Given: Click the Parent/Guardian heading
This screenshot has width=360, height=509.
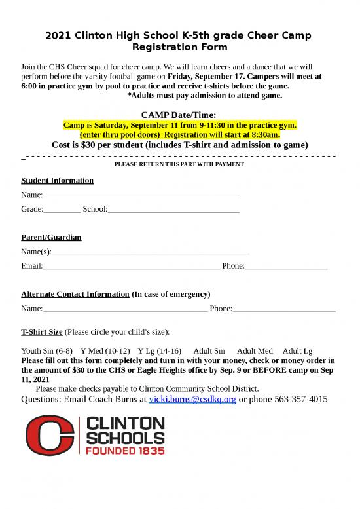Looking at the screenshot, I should click(x=51, y=236).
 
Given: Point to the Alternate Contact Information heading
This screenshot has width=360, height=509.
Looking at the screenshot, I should click(x=75, y=294).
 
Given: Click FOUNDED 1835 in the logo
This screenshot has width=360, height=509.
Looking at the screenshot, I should click(x=125, y=451).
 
